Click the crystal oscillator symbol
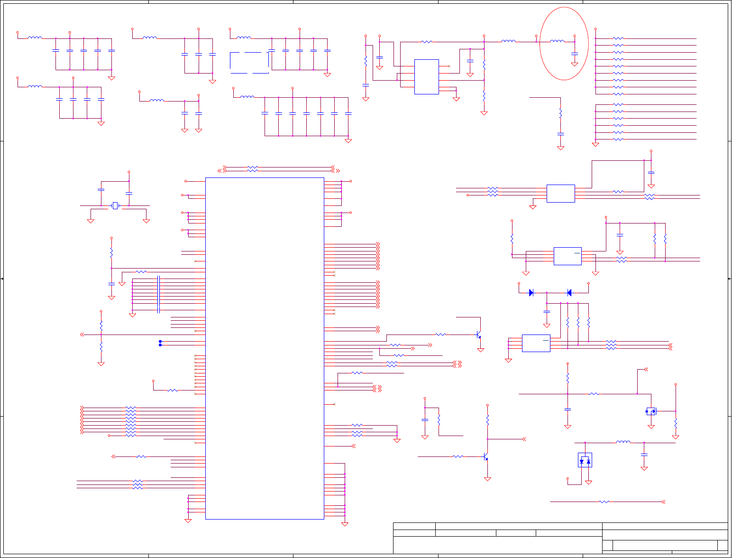(x=115, y=205)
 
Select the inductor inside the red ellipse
(x=557, y=42)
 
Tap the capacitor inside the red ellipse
(x=575, y=53)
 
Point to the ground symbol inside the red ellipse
(x=575, y=64)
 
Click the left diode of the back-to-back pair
(x=531, y=293)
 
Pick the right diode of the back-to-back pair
(x=569, y=293)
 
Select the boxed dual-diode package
(x=585, y=460)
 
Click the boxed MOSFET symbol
(x=651, y=411)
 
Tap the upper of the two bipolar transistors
(x=478, y=335)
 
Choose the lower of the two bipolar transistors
(x=485, y=457)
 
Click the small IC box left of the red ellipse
(x=426, y=77)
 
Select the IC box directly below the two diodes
(x=536, y=343)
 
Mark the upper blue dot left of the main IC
(x=160, y=341)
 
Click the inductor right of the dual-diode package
(x=623, y=443)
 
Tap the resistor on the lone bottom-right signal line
(x=604, y=502)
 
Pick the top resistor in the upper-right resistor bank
(x=618, y=38)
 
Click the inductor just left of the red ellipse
(x=508, y=42)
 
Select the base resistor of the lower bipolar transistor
(x=457, y=456)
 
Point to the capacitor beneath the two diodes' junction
(x=547, y=312)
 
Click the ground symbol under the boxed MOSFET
(x=651, y=427)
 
